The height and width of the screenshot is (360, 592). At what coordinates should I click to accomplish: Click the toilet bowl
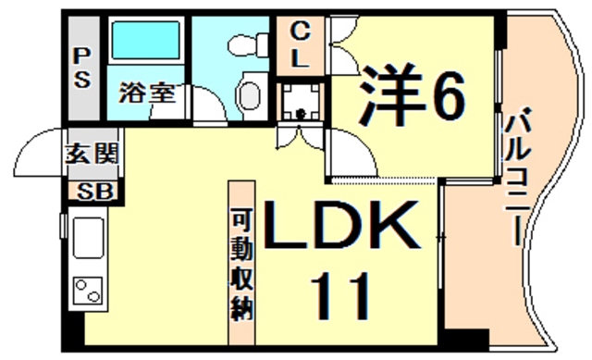click(249, 93)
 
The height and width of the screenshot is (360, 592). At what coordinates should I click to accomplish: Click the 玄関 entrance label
click(92, 155)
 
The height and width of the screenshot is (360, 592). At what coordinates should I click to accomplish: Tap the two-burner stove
click(89, 289)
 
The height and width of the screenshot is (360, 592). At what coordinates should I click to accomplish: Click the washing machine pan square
click(302, 102)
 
